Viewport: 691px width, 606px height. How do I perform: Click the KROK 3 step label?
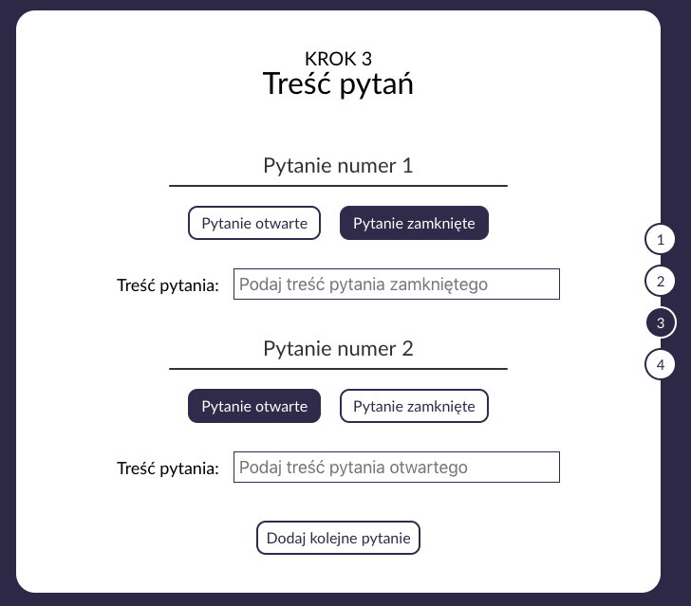coord(338,59)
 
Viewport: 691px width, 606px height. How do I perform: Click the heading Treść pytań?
coord(338,84)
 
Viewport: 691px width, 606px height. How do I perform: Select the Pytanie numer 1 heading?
coord(338,166)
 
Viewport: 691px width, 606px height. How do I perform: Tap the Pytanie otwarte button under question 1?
coord(254,223)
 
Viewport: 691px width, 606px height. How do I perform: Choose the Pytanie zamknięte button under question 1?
coord(414,223)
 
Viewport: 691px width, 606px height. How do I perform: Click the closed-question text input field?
coord(396,285)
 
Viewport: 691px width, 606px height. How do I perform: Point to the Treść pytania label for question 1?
coord(168,285)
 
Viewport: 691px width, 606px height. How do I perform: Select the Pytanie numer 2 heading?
coord(338,349)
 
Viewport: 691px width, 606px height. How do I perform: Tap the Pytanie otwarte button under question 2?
coord(254,406)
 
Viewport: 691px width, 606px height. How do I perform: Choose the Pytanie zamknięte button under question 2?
coord(414,406)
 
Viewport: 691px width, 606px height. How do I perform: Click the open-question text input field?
coord(396,468)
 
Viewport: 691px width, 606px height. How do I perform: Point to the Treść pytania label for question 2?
coord(168,468)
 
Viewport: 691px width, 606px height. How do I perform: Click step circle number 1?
coord(660,239)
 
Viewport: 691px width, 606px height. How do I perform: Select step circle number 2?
coord(660,281)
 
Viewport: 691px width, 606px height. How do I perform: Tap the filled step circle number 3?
coord(660,322)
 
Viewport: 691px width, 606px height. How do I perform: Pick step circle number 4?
coord(660,364)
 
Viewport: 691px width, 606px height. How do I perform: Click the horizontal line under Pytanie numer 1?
coord(338,186)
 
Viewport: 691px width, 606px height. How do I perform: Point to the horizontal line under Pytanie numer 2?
coord(338,368)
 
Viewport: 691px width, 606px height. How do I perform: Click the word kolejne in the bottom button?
coord(339,538)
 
